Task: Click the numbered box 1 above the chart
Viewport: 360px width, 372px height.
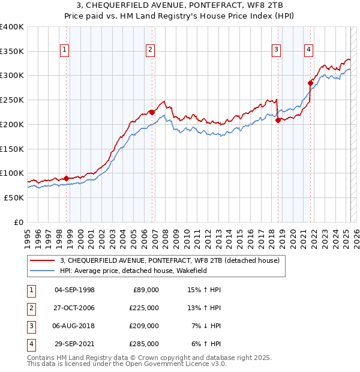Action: pyautogui.click(x=64, y=50)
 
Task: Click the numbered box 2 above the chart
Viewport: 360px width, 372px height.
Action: pyautogui.click(x=150, y=50)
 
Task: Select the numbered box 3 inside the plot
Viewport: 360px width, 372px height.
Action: pyautogui.click(x=276, y=50)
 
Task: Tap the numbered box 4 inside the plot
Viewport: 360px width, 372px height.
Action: pyautogui.click(x=308, y=50)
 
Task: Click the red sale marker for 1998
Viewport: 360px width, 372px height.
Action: pyautogui.click(x=66, y=178)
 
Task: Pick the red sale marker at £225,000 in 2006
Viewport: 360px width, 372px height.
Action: pyautogui.click(x=152, y=112)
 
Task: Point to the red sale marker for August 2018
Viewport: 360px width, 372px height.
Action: pyautogui.click(x=278, y=120)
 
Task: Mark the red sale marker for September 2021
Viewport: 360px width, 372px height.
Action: pyautogui.click(x=311, y=83)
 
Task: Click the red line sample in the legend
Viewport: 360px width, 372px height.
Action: pyautogui.click(x=43, y=261)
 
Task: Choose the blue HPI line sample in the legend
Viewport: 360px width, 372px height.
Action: pyautogui.click(x=43, y=271)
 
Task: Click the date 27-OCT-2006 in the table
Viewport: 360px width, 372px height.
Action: pyautogui.click(x=74, y=308)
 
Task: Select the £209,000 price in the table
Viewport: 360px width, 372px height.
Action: pyautogui.click(x=145, y=326)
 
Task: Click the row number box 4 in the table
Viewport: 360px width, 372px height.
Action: pyautogui.click(x=30, y=344)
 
